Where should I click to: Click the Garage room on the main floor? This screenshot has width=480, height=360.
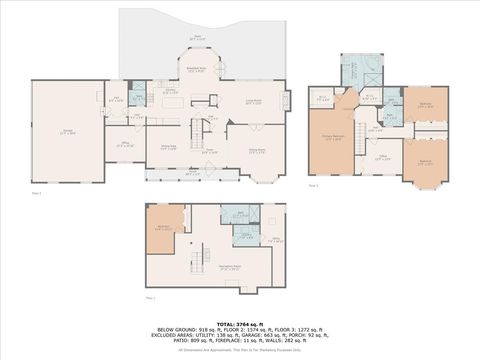pyautogui.click(x=67, y=132)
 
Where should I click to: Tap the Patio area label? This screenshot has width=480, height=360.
pyautogui.click(x=197, y=37)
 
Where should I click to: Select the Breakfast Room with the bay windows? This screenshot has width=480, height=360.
pyautogui.click(x=196, y=69)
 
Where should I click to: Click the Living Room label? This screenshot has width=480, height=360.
pyautogui.click(x=254, y=102)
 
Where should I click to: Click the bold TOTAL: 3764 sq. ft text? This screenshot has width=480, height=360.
pyautogui.click(x=240, y=322)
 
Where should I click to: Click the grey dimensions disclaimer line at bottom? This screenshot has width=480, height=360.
pyautogui.click(x=240, y=350)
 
